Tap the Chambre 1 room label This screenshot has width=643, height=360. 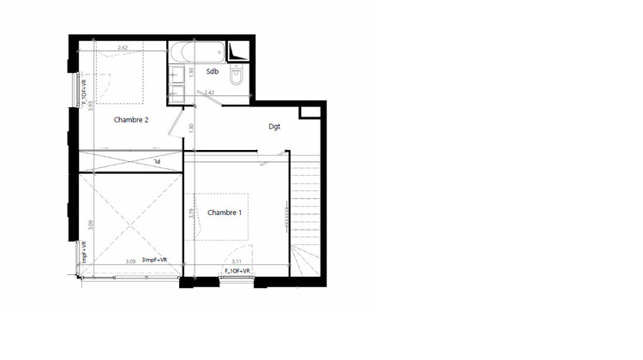tap(225, 213)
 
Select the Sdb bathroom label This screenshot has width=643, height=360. tap(213, 71)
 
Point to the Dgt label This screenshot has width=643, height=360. tap(275, 127)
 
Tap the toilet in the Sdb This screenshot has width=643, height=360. tap(237, 75)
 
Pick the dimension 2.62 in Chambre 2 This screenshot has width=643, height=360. tap(123, 49)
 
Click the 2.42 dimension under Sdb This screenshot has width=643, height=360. tap(208, 92)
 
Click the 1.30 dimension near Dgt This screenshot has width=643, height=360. tap(190, 128)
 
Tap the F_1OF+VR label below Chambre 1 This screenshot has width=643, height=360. tap(237, 271)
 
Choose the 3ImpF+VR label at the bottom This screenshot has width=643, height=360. tap(154, 261)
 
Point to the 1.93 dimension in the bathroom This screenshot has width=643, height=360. tap(192, 73)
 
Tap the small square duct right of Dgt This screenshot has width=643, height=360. tap(308, 113)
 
